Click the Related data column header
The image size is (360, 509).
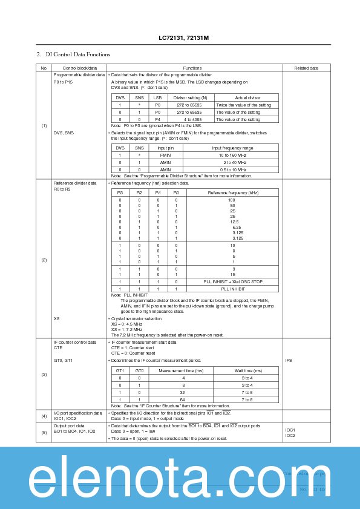tap(306, 68)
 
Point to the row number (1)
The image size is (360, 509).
tap(44, 125)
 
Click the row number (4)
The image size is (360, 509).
tap(44, 416)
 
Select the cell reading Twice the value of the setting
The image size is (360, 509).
tap(246, 105)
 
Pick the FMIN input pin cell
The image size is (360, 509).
tap(165, 155)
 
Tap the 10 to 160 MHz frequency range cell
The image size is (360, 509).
tap(233, 155)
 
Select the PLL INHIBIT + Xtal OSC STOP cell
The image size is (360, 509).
tap(232, 281)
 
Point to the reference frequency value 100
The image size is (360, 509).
tap(232, 200)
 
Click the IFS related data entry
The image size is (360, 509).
tap(289, 360)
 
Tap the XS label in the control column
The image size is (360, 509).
tap(56, 318)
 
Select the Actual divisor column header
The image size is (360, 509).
tap(246, 97)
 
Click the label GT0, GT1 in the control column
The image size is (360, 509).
tap(63, 360)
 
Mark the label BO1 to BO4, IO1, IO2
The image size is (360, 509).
tap(74, 431)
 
